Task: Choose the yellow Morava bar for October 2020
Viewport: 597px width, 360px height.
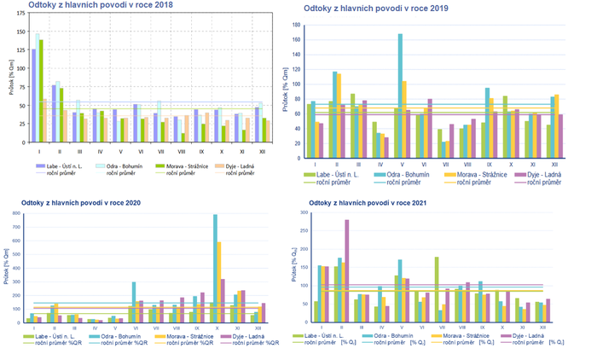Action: tap(220, 282)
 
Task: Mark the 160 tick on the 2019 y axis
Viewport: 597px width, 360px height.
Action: tap(298, 39)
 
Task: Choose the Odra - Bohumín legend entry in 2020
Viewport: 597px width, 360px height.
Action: tap(118, 338)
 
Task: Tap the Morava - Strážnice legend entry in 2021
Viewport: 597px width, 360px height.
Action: tap(465, 338)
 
